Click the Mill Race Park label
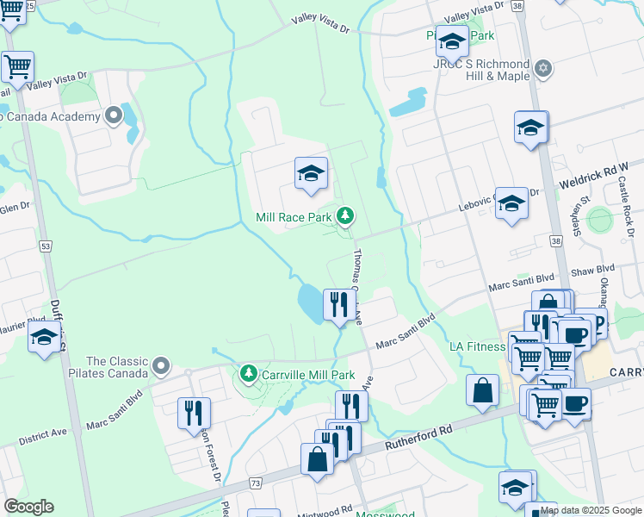294,217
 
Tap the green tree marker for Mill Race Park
345,215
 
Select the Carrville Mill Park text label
308,376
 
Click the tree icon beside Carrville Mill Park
249,374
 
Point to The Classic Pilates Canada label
116,369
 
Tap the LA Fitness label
477,347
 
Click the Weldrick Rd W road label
595,178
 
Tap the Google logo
28,506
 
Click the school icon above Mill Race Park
311,173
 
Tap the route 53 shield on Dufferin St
45,246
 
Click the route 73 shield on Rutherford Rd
257,485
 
